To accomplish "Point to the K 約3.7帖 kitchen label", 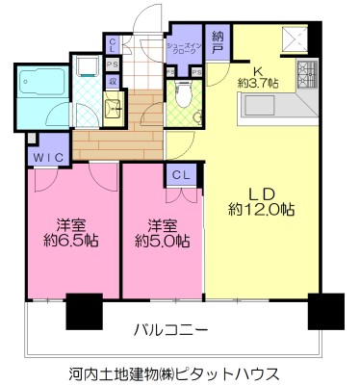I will pyautogui.click(x=257, y=76).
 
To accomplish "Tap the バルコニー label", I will pyautogui.click(x=170, y=330).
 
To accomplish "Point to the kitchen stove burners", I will pyautogui.click(x=308, y=70).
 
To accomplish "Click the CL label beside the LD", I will pyautogui.click(x=179, y=174).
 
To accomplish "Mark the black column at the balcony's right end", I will pyautogui.click(x=323, y=310).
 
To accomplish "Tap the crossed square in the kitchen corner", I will pyautogui.click(x=294, y=39).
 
